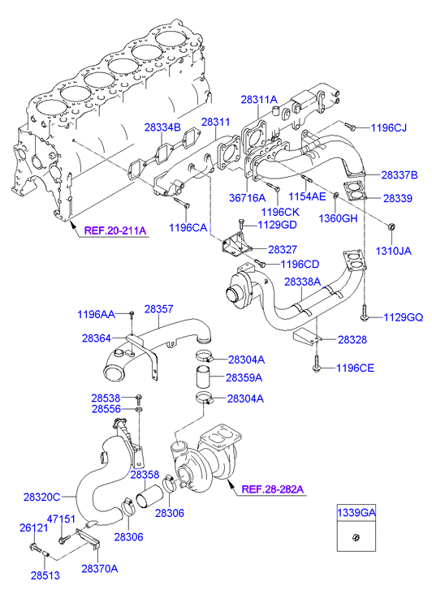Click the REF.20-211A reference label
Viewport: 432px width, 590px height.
click(x=114, y=230)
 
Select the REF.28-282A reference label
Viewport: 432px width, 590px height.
click(x=272, y=489)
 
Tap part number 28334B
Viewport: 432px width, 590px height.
click(x=162, y=127)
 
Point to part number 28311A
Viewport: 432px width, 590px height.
click(x=259, y=99)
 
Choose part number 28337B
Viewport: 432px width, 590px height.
click(x=400, y=174)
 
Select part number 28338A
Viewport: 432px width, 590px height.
click(x=303, y=282)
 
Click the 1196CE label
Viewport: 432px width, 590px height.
click(x=356, y=368)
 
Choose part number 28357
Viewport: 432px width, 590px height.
click(x=159, y=309)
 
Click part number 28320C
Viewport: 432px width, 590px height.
click(x=41, y=495)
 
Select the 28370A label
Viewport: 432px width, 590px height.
click(x=99, y=569)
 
